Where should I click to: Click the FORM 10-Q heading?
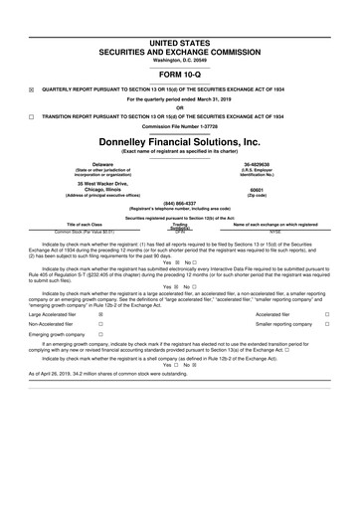point(179,75)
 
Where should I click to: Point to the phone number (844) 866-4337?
point(179,201)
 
